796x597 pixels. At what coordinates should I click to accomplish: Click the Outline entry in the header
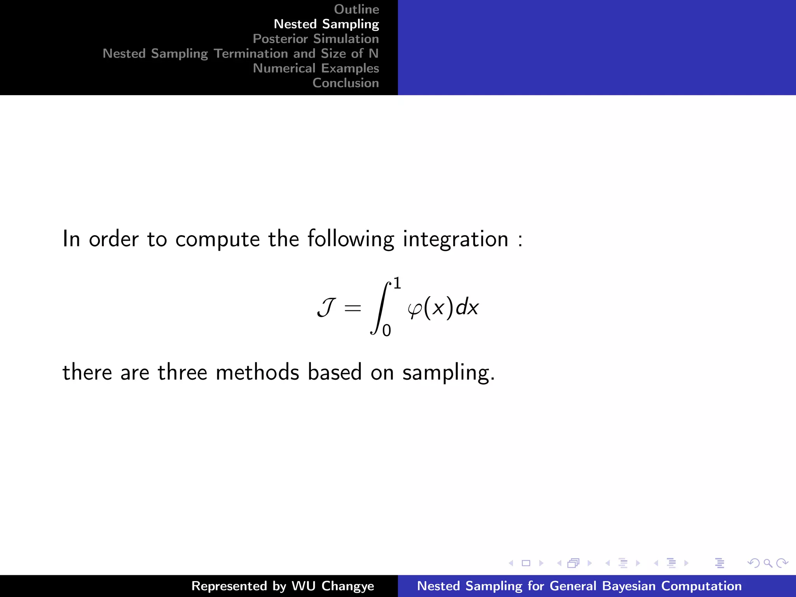point(356,9)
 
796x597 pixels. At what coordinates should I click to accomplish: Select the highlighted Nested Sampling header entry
point(326,24)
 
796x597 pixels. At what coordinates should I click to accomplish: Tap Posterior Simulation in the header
point(316,39)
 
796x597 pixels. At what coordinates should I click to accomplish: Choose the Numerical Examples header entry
point(316,68)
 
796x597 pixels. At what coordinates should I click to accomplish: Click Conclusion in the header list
point(346,83)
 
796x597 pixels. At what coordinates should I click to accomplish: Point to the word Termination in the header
point(264,54)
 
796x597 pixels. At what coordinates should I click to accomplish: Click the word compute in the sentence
point(217,239)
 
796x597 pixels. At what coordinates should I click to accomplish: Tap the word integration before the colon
point(455,239)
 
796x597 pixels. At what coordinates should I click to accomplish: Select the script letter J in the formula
point(326,308)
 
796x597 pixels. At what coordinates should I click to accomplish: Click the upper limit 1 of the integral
point(397,283)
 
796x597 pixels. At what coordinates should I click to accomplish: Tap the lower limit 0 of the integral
point(386,331)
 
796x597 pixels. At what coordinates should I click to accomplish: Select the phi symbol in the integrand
point(415,309)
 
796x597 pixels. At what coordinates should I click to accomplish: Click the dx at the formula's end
point(467,307)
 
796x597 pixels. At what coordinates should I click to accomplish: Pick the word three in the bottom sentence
point(182,372)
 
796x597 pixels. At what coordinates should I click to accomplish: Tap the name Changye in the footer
point(347,586)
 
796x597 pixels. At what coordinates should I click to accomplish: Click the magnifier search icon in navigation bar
point(768,563)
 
